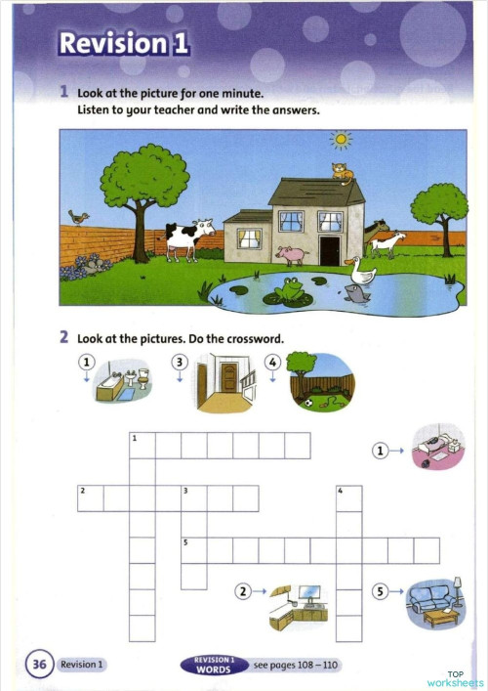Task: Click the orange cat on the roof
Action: [342, 173]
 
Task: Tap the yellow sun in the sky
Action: [340, 141]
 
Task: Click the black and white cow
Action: [187, 238]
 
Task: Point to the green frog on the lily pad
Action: [290, 289]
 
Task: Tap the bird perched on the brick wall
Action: [78, 217]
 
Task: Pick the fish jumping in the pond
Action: [358, 293]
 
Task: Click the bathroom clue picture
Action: [122, 385]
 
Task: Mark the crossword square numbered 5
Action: [194, 550]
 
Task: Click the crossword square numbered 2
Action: [91, 498]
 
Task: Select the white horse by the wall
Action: [386, 239]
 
